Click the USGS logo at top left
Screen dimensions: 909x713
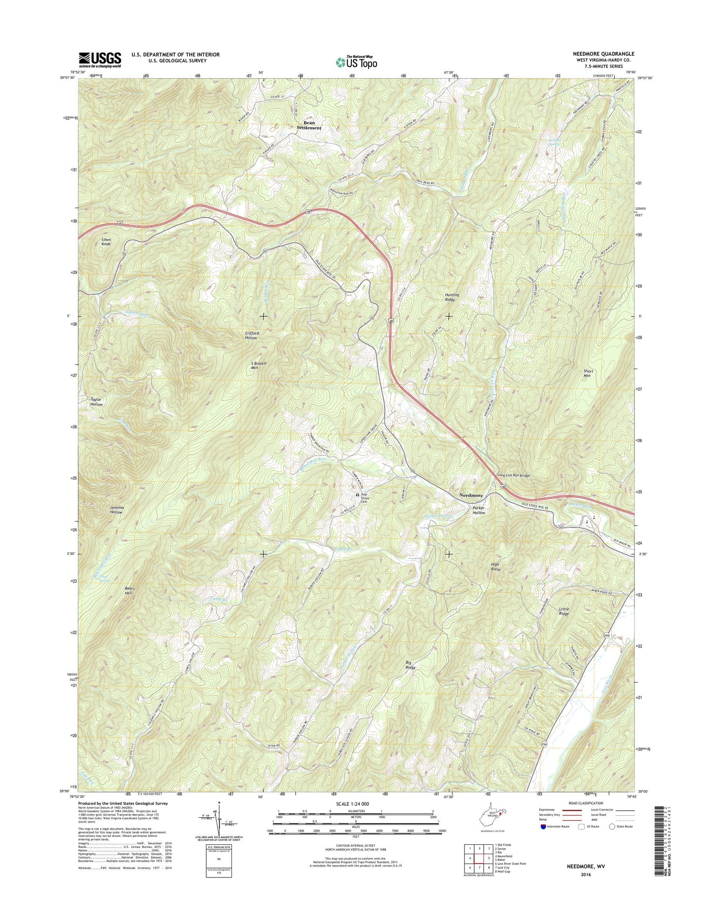(x=100, y=60)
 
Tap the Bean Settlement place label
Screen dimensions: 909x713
(x=309, y=125)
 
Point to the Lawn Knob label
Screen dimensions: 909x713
(x=106, y=241)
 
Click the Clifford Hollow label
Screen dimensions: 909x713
(x=252, y=336)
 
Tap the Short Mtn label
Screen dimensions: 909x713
(x=588, y=373)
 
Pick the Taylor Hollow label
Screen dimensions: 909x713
(x=96, y=402)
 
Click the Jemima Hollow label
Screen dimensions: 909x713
(x=117, y=510)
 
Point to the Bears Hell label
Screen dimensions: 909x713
(x=130, y=591)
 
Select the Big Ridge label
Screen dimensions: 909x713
(x=411, y=665)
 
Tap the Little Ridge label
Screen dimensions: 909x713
(x=564, y=611)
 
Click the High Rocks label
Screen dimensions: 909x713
(x=495, y=567)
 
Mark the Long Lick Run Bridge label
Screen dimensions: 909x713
(x=513, y=475)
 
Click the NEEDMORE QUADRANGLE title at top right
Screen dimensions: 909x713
(x=600, y=54)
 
